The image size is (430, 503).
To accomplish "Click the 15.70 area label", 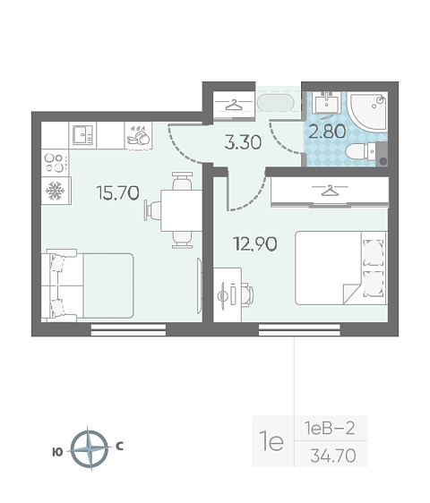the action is coord(118,192).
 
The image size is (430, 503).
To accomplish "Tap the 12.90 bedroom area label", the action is coord(255,243).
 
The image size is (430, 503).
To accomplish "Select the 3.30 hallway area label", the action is coord(243,142).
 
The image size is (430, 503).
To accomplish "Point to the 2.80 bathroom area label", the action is coord(327,132).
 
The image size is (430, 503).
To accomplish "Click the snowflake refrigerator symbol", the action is coord(56,191).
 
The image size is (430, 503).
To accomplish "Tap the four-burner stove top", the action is coord(55,163).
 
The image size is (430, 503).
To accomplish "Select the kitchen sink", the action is coord(82,135).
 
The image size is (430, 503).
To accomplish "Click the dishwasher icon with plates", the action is coord(139,136).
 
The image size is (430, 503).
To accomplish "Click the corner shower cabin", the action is coord(368,111).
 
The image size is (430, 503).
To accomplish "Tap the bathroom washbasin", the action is coord(327,103).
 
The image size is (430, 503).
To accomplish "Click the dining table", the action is coord(181,210).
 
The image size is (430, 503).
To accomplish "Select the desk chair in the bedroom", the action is coord(247,294).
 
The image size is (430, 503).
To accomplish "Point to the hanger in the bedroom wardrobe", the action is coord(330,191).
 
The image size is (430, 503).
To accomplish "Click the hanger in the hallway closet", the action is coord(234,105).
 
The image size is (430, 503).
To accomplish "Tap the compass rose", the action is coord(90,448).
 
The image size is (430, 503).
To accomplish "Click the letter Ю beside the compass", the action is coord(57,452).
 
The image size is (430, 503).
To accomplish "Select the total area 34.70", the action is coord(333,456).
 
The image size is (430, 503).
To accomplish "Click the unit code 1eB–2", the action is coord(330,428).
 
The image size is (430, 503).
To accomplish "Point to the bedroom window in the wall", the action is coord(299,329).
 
